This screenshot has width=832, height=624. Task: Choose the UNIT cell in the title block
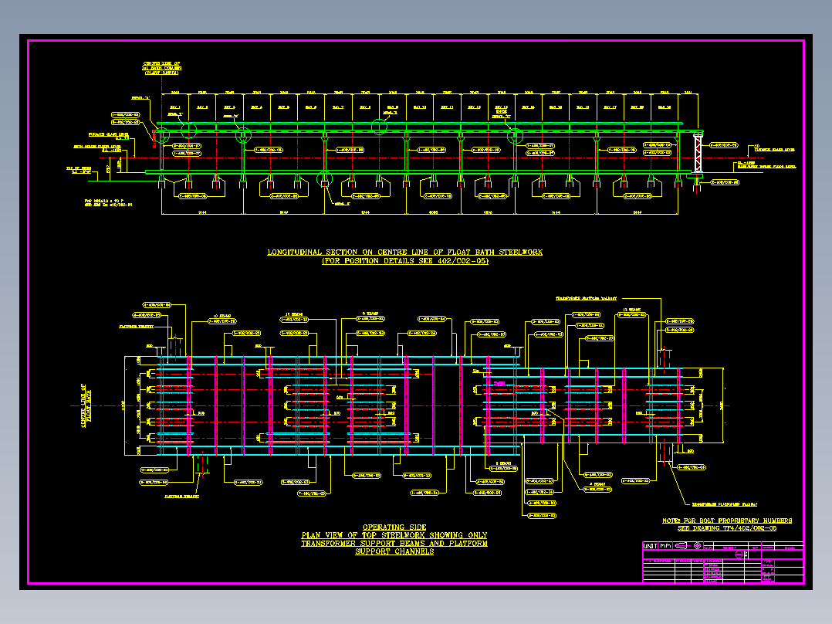pyautogui.click(x=651, y=546)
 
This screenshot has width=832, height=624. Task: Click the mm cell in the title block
pyautogui.click(x=667, y=546)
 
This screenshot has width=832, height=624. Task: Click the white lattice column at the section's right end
pyautogui.click(x=698, y=154)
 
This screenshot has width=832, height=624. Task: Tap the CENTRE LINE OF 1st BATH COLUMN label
pyautogui.click(x=161, y=68)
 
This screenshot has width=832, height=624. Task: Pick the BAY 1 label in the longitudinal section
pyautogui.click(x=174, y=107)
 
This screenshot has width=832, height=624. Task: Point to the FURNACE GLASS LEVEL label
pyautogui.click(x=134, y=134)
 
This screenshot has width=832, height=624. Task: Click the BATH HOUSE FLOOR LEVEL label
pyautogui.click(x=97, y=145)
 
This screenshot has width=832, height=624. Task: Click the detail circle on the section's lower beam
pyautogui.click(x=326, y=180)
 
